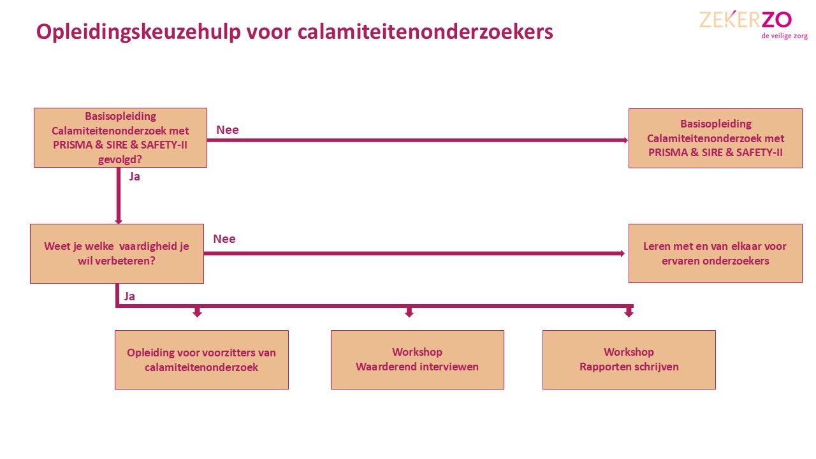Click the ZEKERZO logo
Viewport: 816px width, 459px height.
point(745,20)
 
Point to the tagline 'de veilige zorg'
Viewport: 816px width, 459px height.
point(784,36)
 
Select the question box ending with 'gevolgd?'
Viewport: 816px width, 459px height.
point(120,138)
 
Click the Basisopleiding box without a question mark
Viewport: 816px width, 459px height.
point(715,138)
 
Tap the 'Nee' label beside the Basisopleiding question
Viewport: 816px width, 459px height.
point(228,130)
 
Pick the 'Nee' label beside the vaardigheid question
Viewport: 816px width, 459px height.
point(224,239)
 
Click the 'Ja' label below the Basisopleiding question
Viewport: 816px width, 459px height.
point(135,177)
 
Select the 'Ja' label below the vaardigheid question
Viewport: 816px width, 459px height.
point(129,296)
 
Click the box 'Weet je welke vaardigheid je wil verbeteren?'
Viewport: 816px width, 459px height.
point(117,253)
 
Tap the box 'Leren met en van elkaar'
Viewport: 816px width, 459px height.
point(715,253)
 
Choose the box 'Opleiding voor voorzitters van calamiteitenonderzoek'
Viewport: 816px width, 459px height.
point(201,360)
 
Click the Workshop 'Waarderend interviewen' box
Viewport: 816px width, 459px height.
point(417,360)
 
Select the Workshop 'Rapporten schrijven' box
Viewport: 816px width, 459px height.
point(629,360)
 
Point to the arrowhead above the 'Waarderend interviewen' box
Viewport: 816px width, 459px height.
point(409,313)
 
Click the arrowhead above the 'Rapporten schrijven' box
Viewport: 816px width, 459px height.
point(629,313)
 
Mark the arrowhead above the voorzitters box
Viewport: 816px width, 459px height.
point(197,313)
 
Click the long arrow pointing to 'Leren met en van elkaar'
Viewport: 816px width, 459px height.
point(414,253)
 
